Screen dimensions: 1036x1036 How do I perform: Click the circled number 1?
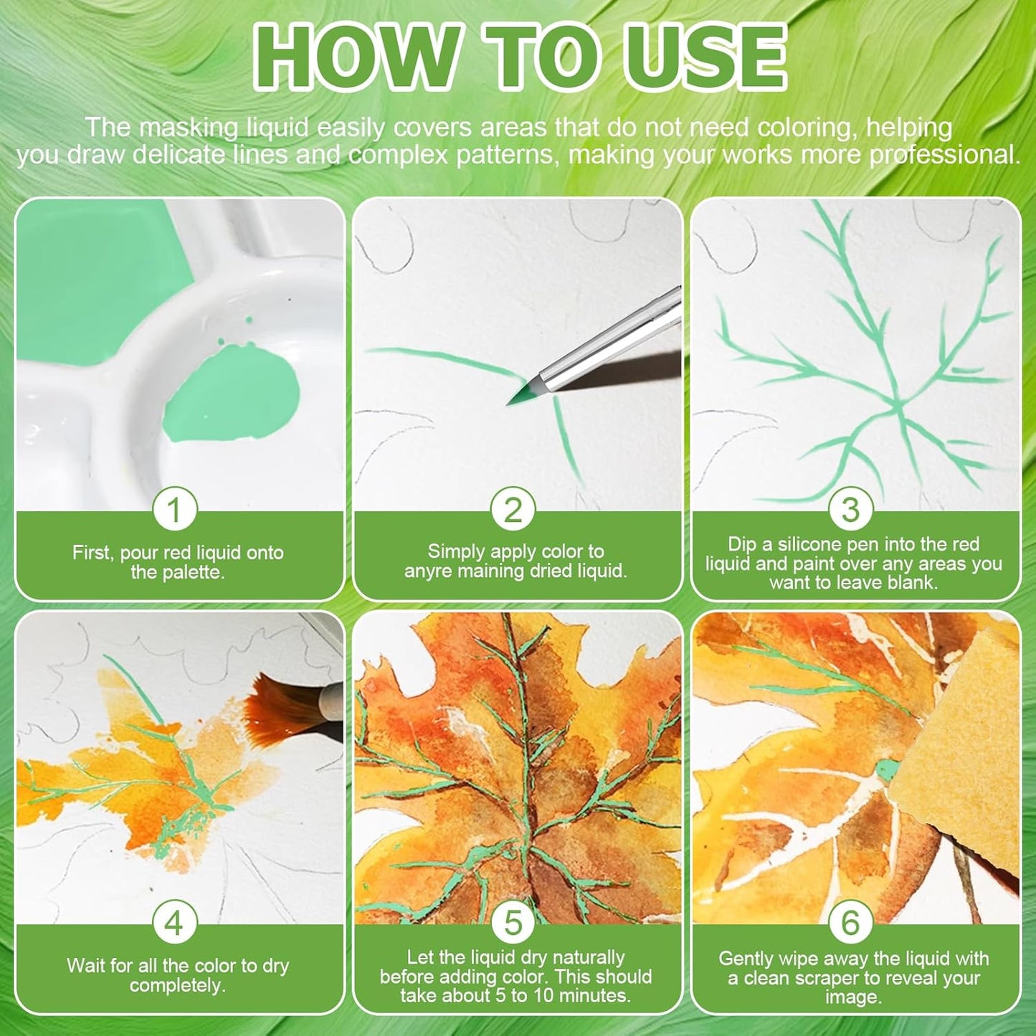[x=175, y=509]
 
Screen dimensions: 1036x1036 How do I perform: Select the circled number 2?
[x=513, y=509]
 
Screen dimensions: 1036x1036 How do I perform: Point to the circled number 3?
[x=850, y=509]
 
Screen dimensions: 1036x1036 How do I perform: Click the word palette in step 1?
[x=196, y=572]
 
